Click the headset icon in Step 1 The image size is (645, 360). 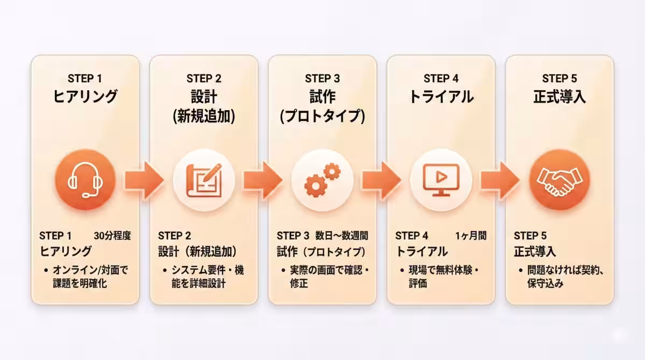85,179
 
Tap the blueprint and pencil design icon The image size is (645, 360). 204,179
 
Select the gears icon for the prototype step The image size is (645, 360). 322,179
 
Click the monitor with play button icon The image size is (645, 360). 441,179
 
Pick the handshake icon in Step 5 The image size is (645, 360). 559,179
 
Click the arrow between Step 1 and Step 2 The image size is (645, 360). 144,179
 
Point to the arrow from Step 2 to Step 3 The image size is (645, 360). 263,179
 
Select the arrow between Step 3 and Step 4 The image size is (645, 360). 381,179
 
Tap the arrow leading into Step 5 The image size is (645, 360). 500,179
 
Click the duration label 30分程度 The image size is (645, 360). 112,235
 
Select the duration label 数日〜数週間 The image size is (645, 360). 342,235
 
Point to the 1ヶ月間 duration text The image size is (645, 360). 471,235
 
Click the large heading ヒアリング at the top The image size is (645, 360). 85,97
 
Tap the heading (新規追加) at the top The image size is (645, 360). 204,117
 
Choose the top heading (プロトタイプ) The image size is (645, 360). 322,117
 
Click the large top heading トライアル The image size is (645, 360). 441,97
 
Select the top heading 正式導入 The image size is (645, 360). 560,97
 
